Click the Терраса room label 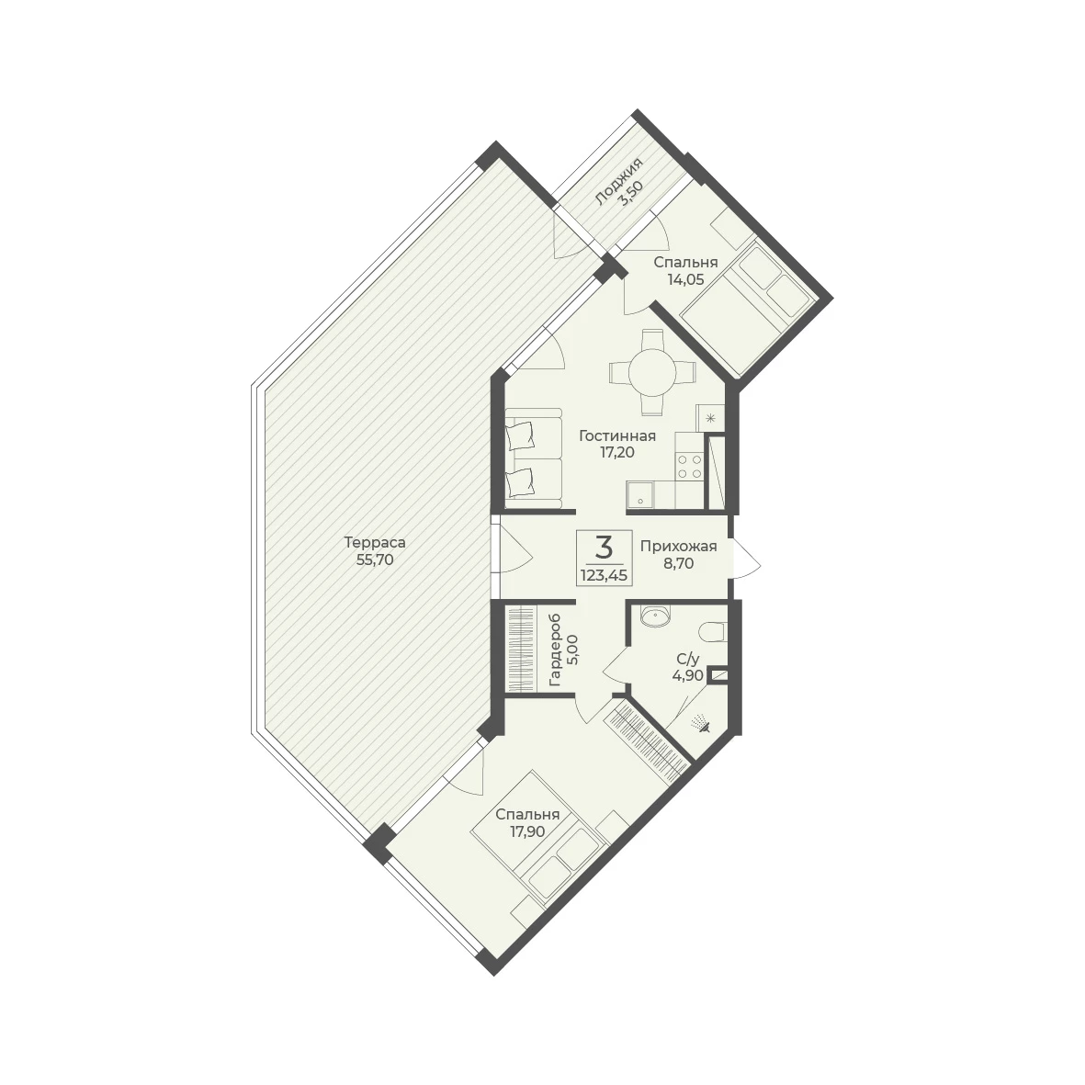tap(374, 543)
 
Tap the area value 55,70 tap(374, 560)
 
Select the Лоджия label tap(618, 181)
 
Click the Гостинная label tap(617, 436)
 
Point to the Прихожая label tap(678, 547)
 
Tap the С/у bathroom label tap(688, 660)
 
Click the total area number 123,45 tap(605, 574)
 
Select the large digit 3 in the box tap(605, 548)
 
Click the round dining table tap(652, 372)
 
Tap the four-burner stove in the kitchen tap(688, 466)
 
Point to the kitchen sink tap(640, 495)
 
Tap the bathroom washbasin tap(655, 616)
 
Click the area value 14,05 tap(685, 279)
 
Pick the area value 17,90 tap(527, 831)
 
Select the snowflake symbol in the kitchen tap(709, 418)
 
